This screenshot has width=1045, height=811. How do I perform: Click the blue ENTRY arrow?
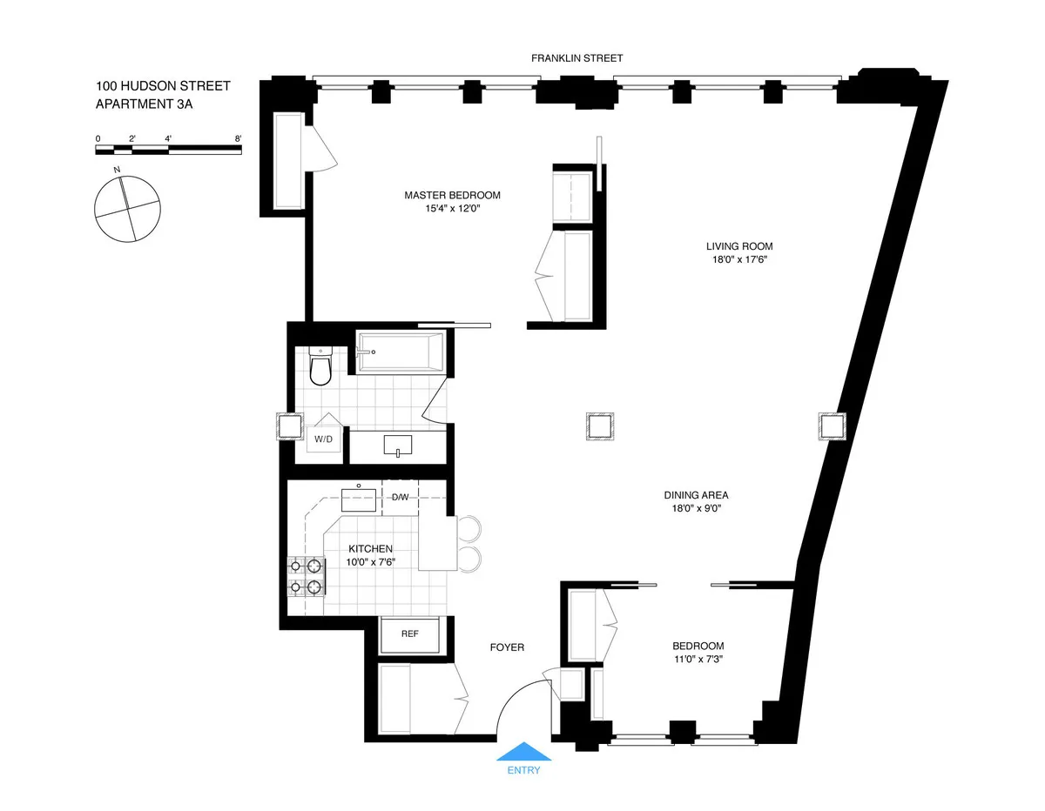(x=522, y=752)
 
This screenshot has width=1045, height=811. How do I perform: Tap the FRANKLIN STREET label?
(x=577, y=58)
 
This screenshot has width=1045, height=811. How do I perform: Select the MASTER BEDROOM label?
(x=452, y=195)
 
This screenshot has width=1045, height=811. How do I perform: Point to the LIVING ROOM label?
(x=739, y=246)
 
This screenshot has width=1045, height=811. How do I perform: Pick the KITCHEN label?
(x=371, y=549)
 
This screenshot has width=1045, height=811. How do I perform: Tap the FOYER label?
(x=507, y=647)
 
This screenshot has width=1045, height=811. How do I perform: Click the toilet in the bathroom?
(x=320, y=365)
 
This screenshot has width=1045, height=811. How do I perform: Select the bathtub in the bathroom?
(x=401, y=352)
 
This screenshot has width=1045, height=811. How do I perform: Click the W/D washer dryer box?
(x=323, y=439)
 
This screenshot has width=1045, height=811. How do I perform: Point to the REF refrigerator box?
(x=409, y=633)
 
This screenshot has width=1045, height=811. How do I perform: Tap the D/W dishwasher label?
(x=400, y=498)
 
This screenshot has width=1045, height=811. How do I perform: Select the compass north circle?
(x=127, y=208)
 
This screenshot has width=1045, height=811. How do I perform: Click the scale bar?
(x=168, y=150)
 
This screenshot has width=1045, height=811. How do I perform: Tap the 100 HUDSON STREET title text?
(x=163, y=86)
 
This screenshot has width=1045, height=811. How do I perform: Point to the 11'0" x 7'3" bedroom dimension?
(x=698, y=659)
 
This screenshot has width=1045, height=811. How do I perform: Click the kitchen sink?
(x=358, y=499)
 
